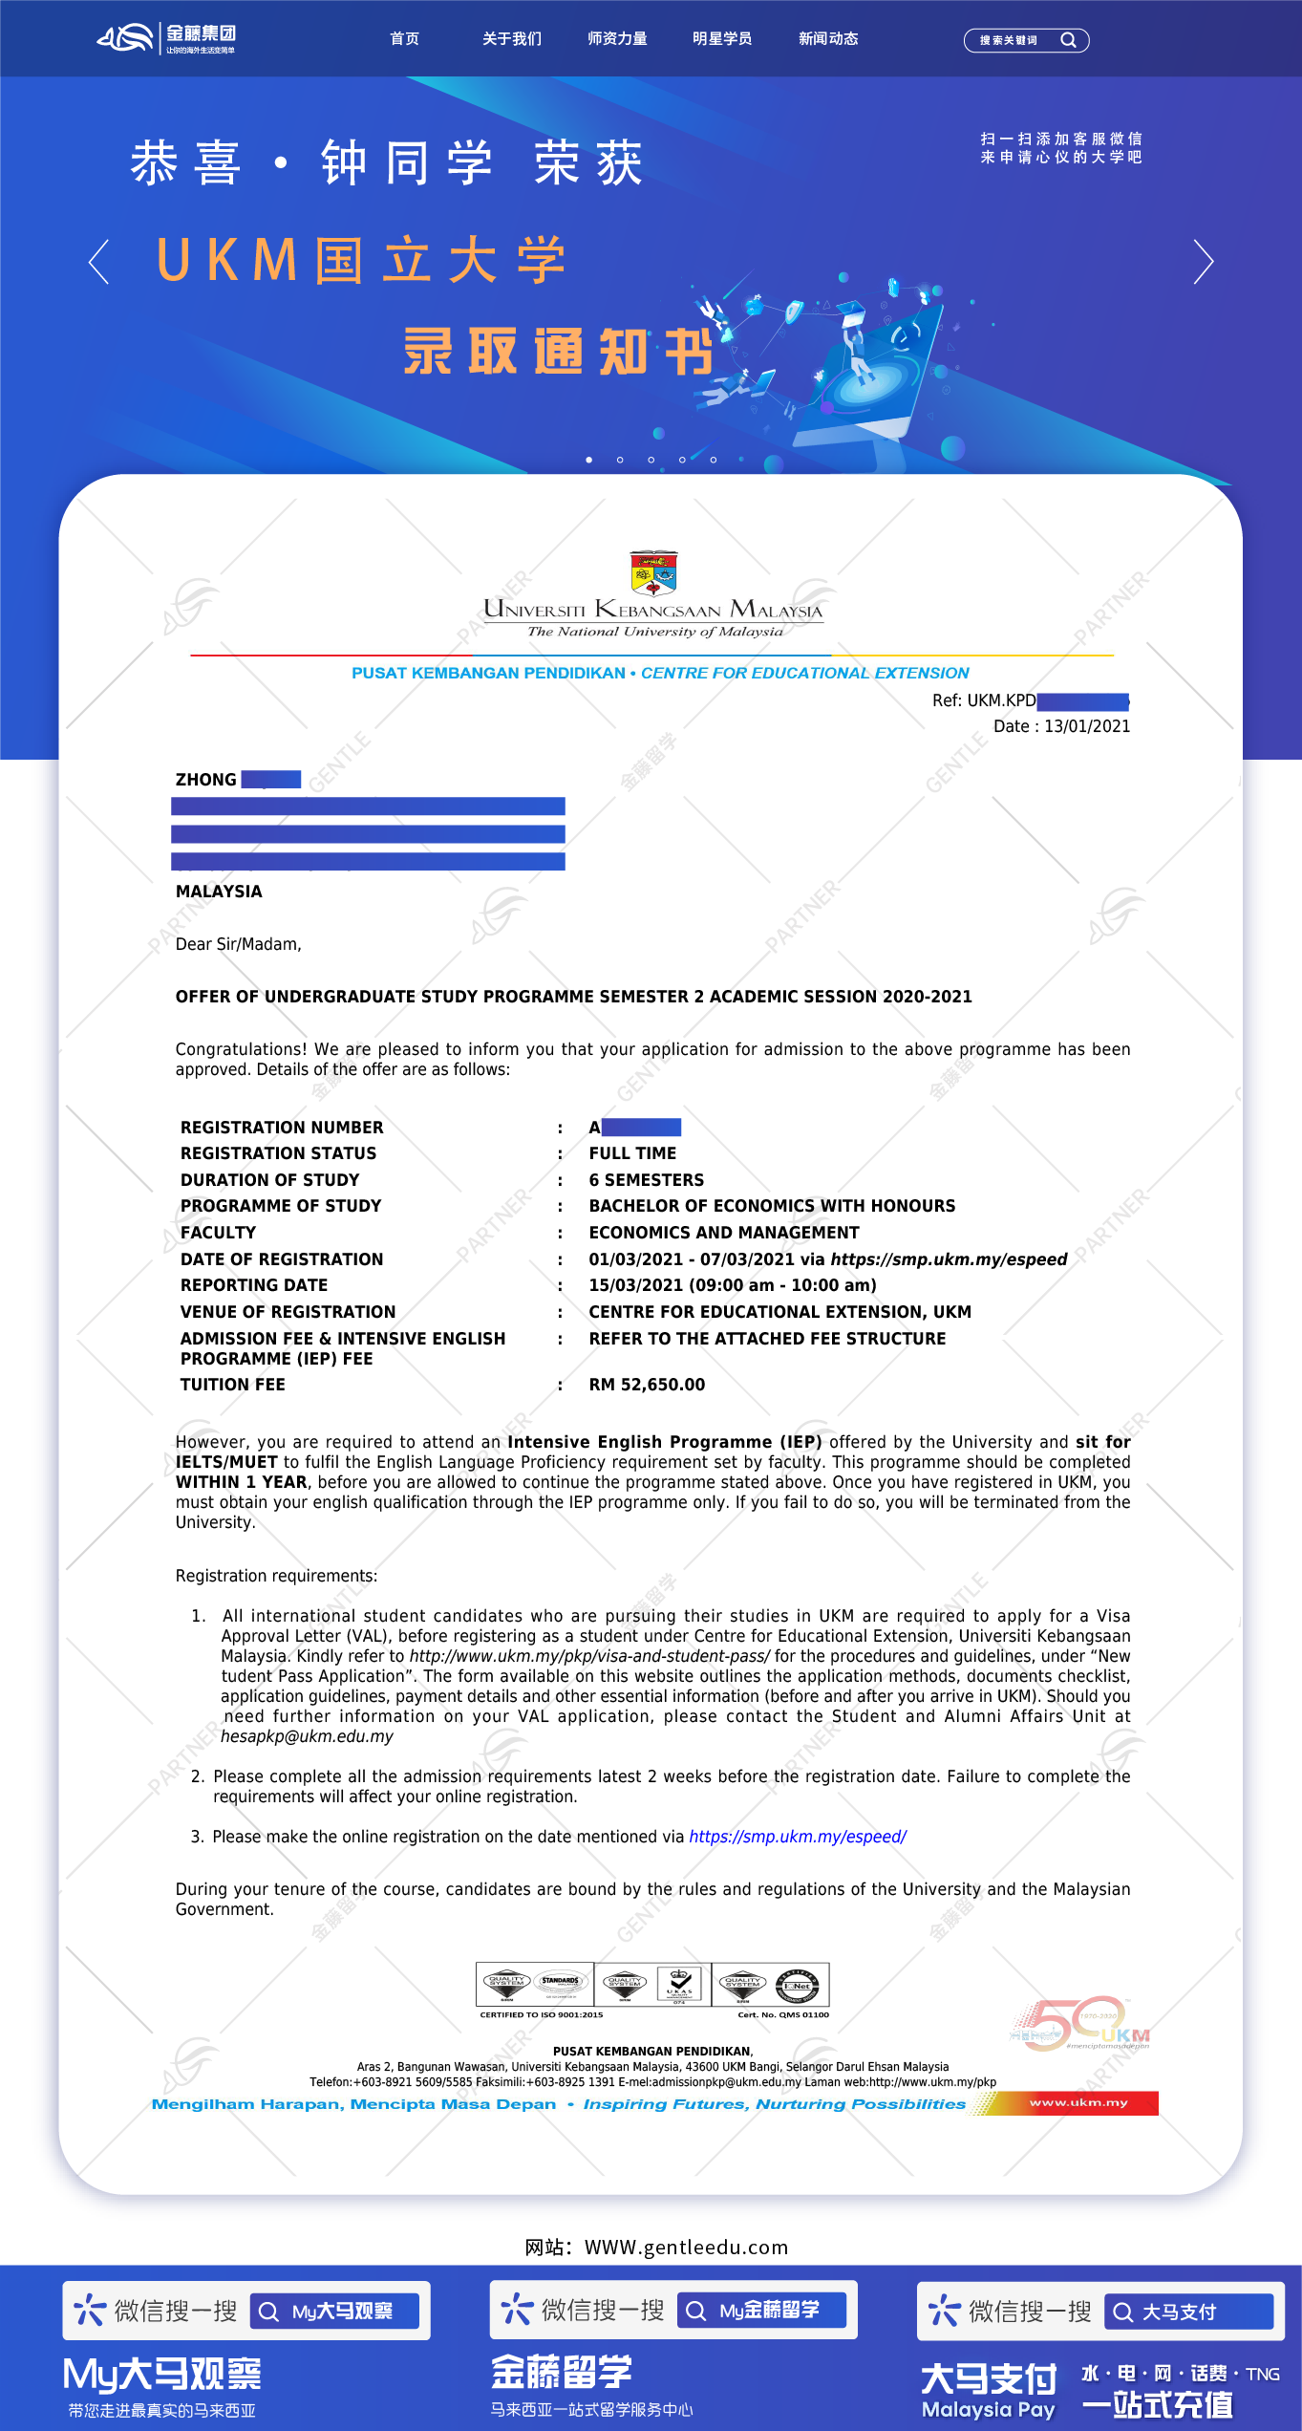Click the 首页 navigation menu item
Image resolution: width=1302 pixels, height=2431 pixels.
coord(404,39)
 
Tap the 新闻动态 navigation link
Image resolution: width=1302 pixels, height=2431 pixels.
coord(828,39)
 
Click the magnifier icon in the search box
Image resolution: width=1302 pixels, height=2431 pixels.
coord(1068,40)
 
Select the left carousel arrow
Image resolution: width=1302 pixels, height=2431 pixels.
coord(98,261)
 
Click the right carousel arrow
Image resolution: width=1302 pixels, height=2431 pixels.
coord(1203,261)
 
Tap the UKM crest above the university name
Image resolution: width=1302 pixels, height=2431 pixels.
coord(653,572)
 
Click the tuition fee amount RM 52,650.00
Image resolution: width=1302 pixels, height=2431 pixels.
coord(647,1385)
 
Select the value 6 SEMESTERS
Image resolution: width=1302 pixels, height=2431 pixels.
coord(646,1180)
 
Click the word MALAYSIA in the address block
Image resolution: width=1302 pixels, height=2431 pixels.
coord(219,892)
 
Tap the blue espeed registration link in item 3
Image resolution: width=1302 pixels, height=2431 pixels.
coord(798,1837)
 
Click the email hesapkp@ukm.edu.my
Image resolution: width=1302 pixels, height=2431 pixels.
coord(307,1736)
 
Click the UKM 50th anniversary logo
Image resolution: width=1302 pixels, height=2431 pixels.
coord(1079,2025)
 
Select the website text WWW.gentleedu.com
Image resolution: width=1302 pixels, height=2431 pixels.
coord(686,2248)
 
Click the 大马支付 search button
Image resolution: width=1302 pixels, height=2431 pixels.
coord(1188,2313)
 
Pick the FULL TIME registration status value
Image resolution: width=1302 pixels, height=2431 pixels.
coord(632,1153)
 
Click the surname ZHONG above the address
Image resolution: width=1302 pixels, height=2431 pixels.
coord(205,780)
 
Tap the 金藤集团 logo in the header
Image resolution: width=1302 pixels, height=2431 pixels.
coord(167,38)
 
